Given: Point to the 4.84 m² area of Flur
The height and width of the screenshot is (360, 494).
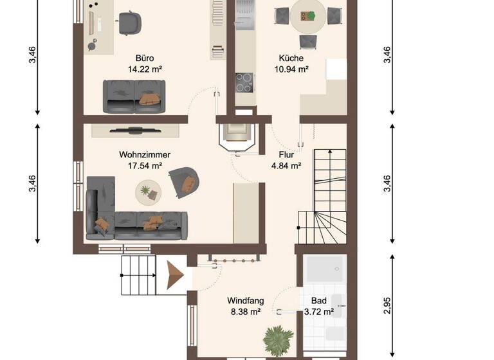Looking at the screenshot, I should pos(286,165).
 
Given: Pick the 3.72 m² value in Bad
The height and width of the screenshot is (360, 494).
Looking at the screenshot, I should pos(318,312).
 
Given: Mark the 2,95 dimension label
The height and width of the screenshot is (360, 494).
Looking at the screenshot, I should pos(387,300).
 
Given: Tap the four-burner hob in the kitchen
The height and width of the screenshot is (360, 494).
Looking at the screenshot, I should pos(244,82).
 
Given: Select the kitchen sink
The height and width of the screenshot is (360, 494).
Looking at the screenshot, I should pos(244,14).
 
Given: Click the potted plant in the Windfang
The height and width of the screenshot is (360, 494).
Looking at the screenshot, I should pos(279,339).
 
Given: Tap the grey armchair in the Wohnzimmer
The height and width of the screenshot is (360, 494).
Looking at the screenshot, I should pos(184,181).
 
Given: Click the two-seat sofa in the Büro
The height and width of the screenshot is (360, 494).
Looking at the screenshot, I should pos(134,96).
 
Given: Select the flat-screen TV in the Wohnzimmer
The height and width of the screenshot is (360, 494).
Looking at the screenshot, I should pos(134,130).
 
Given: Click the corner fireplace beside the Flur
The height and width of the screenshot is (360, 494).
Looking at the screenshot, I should pos(237,136).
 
